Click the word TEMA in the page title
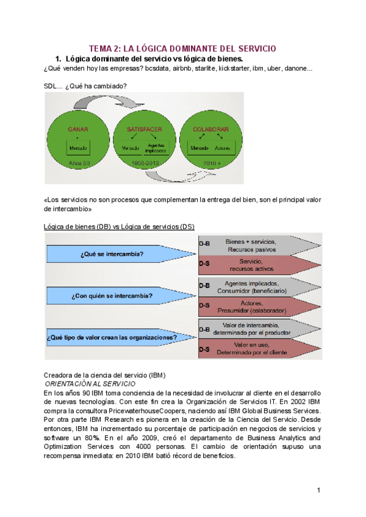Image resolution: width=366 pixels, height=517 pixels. coord(101,49)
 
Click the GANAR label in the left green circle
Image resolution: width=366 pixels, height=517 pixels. coord(78,130)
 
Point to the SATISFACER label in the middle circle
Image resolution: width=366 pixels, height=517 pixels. coord(144,130)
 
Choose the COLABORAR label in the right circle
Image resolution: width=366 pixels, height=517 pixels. coord(210,130)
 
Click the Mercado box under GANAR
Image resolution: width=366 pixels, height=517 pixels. coord(78,148)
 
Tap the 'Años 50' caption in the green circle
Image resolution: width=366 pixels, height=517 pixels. coord(78,163)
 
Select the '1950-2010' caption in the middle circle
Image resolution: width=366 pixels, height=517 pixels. coord(144,163)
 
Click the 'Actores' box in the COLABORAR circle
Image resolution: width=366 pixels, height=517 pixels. coord(222,148)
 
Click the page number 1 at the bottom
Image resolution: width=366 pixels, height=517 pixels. coord(318,490)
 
